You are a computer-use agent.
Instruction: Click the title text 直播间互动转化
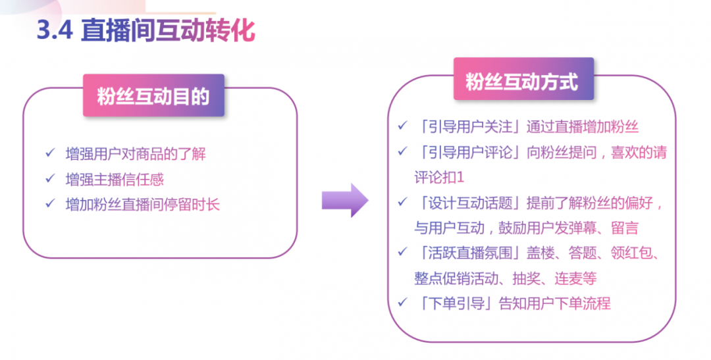tap(168, 30)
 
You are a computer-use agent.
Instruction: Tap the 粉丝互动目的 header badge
tap(153, 96)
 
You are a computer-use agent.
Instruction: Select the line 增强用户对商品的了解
tap(136, 155)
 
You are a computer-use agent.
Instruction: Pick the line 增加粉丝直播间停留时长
tap(143, 205)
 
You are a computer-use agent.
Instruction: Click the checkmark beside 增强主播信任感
tap(49, 179)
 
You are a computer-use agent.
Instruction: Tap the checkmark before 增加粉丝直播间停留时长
tap(49, 204)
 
